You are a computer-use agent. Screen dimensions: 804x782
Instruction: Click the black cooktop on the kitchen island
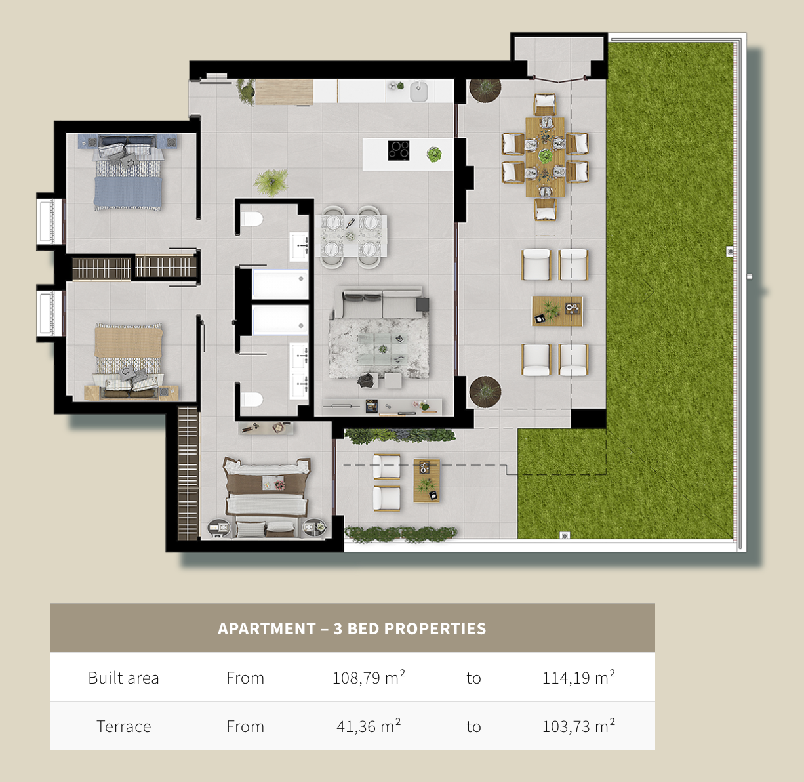tap(398, 150)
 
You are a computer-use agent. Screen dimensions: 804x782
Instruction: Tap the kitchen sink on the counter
tap(419, 91)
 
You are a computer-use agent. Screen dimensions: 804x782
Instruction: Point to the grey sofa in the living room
tap(378, 302)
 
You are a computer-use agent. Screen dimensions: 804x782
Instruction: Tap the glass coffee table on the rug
tap(383, 349)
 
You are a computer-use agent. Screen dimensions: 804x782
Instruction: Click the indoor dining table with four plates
tap(352, 236)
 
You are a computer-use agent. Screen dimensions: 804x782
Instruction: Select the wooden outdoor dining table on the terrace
tap(546, 157)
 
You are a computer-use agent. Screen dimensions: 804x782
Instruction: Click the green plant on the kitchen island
tap(434, 155)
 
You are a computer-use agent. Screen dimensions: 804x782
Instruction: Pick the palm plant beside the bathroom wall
tap(271, 182)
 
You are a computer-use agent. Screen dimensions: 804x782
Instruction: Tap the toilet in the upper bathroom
tap(252, 218)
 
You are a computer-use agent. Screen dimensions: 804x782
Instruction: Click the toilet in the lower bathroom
tap(252, 399)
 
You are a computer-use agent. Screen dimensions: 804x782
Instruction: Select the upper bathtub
tap(281, 284)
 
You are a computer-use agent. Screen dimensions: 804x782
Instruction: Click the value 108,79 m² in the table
tap(369, 678)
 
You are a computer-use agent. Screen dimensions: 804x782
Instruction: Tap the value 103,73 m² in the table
tap(578, 726)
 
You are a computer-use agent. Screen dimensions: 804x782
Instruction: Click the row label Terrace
tap(123, 727)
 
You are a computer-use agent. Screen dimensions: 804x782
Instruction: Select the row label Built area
tap(123, 678)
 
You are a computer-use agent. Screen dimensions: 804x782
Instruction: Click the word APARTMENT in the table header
tap(267, 628)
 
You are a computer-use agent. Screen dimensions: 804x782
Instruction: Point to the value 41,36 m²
tap(369, 726)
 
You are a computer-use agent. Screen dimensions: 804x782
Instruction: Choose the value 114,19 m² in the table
tap(578, 678)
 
